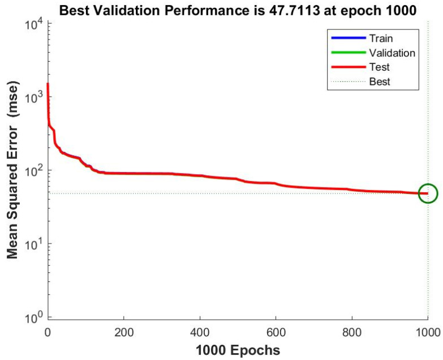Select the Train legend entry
(x=381, y=38)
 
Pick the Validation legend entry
(x=392, y=53)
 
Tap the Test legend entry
(x=379, y=67)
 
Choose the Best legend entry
(x=380, y=82)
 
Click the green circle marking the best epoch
(x=428, y=193)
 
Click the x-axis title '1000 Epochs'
(x=238, y=350)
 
